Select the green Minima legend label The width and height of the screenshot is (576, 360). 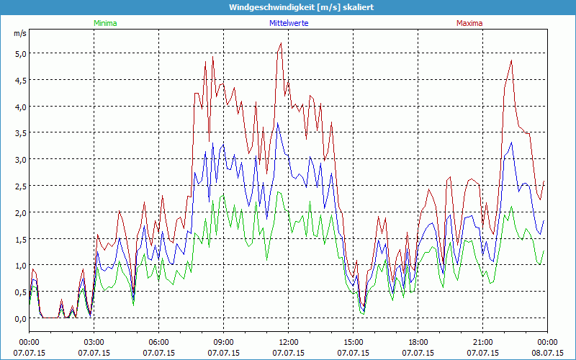(x=105, y=23)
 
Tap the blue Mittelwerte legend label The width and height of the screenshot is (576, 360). (x=289, y=23)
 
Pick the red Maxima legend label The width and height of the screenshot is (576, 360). (x=469, y=23)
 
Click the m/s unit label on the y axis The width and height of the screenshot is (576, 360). (x=19, y=33)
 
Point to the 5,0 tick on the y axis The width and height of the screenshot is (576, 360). (x=19, y=53)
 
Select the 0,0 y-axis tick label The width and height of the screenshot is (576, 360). (x=19, y=318)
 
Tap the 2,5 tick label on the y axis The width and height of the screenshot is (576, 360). (x=19, y=186)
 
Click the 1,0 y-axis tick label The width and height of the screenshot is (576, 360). (x=19, y=266)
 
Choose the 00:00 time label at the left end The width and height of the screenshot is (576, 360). (x=29, y=342)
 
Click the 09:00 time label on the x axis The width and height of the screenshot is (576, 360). (x=223, y=342)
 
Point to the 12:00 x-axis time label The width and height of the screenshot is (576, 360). (x=288, y=342)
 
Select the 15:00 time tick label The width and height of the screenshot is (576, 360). (x=353, y=342)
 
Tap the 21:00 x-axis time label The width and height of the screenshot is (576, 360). (x=482, y=342)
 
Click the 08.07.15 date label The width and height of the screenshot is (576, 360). (x=547, y=353)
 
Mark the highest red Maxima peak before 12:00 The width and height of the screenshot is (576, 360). (x=280, y=43)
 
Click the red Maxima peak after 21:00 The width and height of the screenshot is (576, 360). (x=511, y=60)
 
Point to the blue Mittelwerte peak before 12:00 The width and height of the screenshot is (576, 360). (x=278, y=123)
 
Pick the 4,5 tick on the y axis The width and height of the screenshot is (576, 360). (x=19, y=80)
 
